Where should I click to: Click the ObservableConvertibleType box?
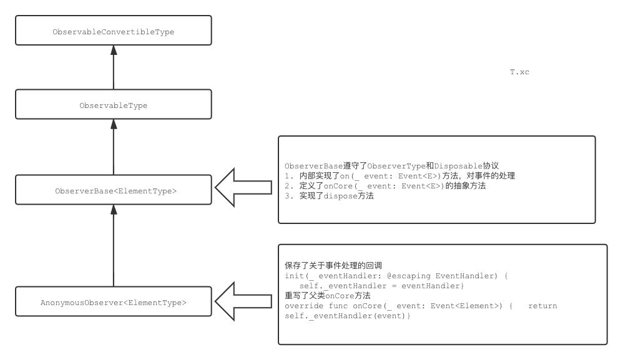[x=113, y=31]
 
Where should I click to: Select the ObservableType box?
[x=113, y=105]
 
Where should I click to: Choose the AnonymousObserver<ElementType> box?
[x=113, y=302]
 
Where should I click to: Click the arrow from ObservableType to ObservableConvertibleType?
[x=113, y=67]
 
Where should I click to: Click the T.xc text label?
[x=519, y=72]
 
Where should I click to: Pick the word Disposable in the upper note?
[x=458, y=166]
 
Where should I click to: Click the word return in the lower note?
[x=542, y=306]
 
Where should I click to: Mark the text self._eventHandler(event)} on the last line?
[x=347, y=316]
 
